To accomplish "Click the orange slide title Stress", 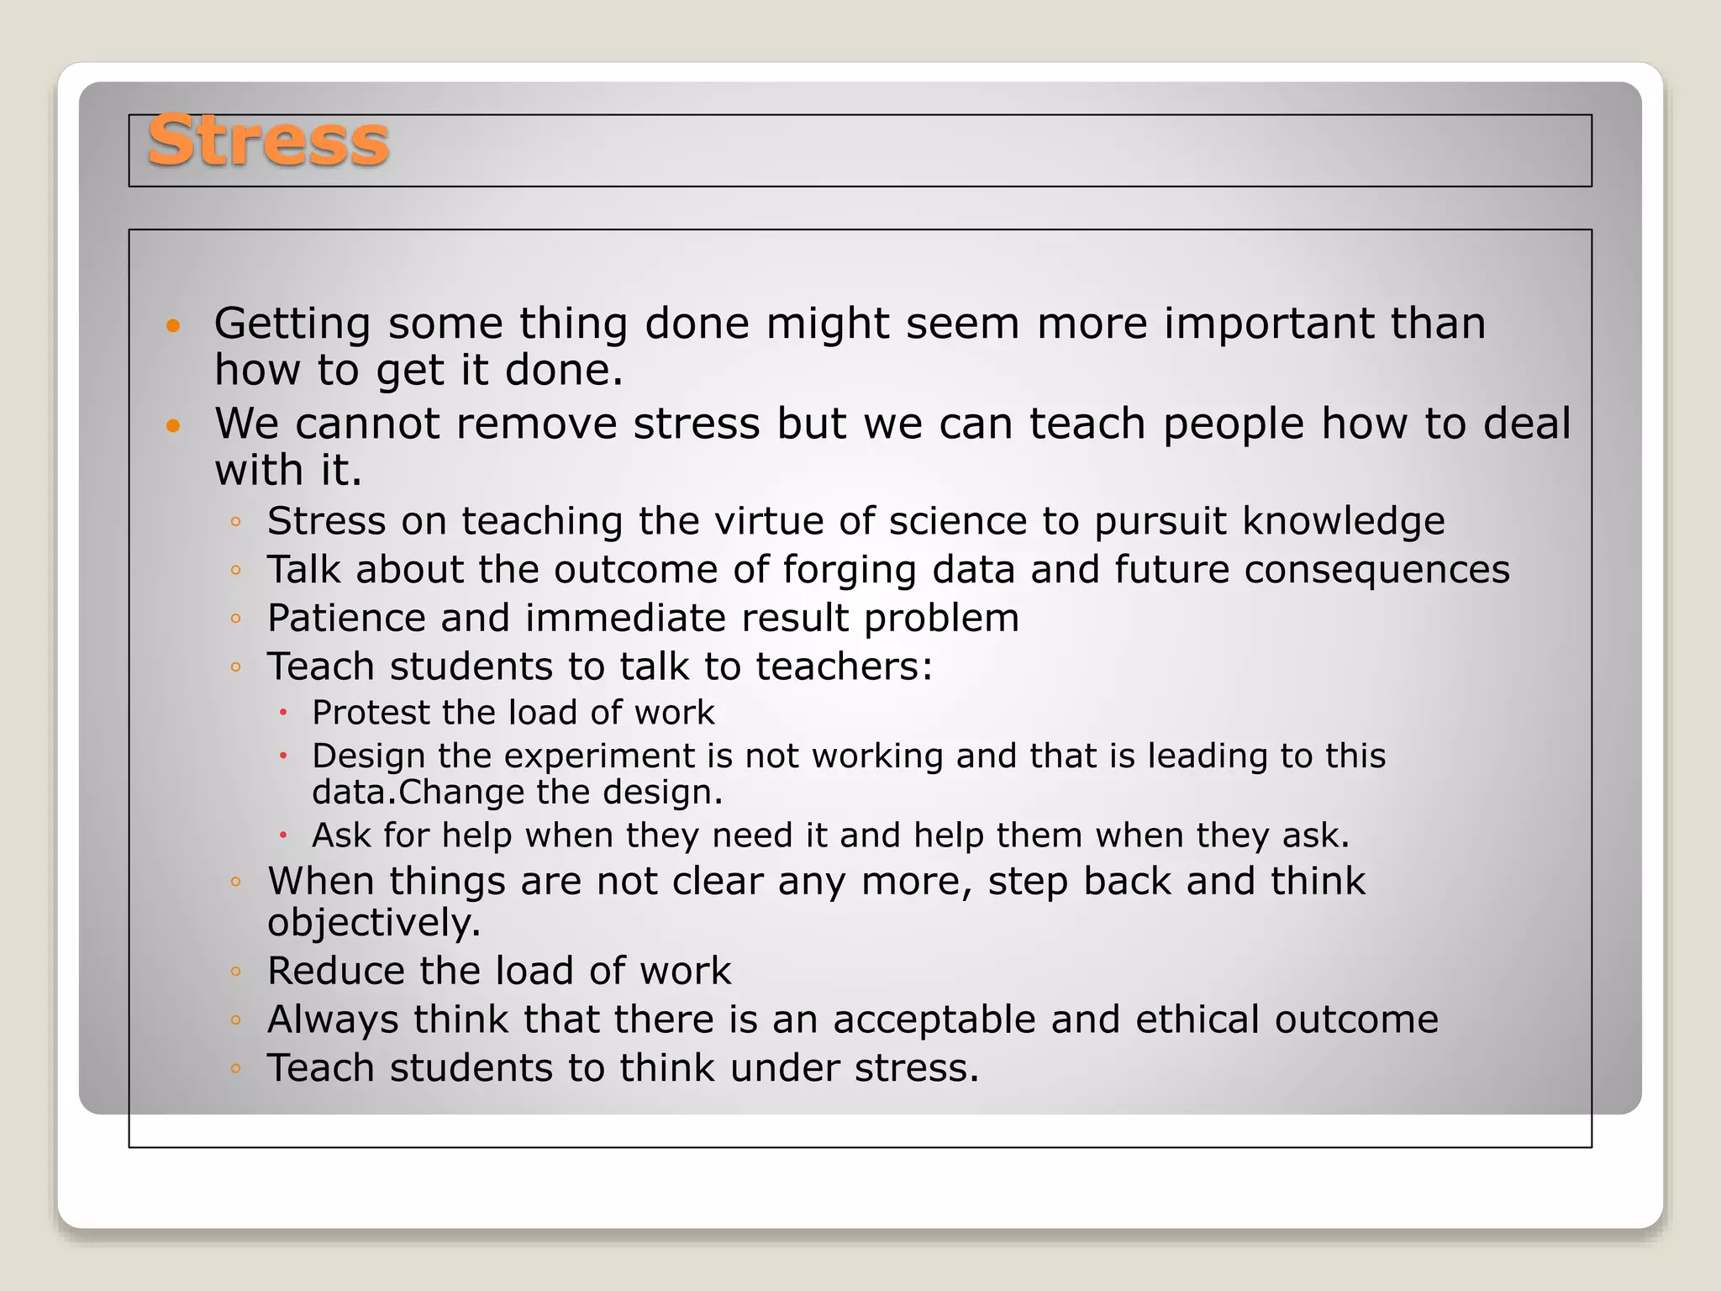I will (267, 141).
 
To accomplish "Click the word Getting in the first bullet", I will (292, 324).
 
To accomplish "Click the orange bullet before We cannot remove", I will (173, 425).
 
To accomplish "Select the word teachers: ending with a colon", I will (844, 667).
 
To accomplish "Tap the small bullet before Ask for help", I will (284, 835).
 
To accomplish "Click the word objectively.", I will (374, 923).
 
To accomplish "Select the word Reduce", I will (336, 971).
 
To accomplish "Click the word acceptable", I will (934, 1020).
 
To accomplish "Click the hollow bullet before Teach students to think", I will (236, 1068).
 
